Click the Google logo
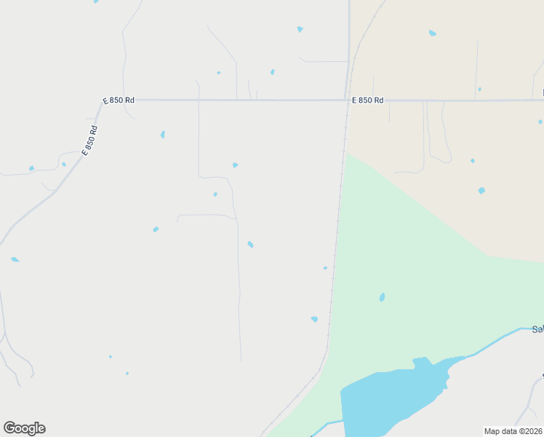(24, 428)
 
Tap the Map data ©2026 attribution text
(513, 431)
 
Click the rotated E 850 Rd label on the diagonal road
(89, 141)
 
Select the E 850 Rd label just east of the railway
(367, 101)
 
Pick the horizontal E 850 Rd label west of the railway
(119, 101)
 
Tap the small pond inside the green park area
(382, 297)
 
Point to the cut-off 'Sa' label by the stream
(537, 329)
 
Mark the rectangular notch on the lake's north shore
(420, 362)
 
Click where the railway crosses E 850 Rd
(347, 101)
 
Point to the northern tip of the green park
(346, 155)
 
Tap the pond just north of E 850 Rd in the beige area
(479, 89)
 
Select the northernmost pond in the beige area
(433, 33)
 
